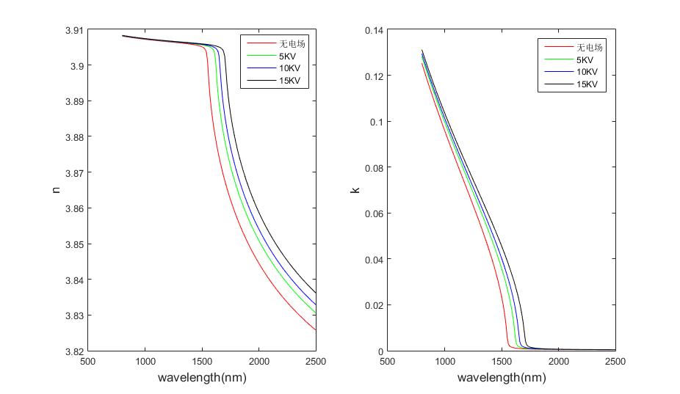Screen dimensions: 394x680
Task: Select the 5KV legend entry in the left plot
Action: pyautogui.click(x=281, y=56)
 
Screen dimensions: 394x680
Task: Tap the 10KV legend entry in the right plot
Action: pyautogui.click(x=587, y=72)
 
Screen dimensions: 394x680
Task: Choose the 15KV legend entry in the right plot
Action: pyautogui.click(x=587, y=84)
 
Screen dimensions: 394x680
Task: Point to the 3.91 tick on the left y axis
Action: pyautogui.click(x=74, y=31)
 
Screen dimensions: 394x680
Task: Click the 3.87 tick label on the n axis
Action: pyautogui.click(x=74, y=173)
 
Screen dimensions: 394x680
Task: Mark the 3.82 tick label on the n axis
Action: pyautogui.click(x=74, y=351)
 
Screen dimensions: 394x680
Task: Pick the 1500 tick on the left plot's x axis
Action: pyautogui.click(x=202, y=362)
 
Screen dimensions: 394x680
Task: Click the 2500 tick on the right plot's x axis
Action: pyautogui.click(x=615, y=362)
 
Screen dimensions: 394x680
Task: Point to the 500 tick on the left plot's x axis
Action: pyautogui.click(x=88, y=362)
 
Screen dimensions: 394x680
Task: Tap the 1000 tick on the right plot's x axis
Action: pyautogui.click(x=444, y=362)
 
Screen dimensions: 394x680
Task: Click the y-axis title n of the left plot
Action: pyautogui.click(x=57, y=191)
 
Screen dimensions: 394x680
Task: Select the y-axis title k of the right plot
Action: pyautogui.click(x=355, y=191)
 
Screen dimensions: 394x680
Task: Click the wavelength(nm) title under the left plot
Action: pyautogui.click(x=202, y=378)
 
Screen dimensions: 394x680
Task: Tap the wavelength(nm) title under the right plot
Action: pyautogui.click(x=502, y=378)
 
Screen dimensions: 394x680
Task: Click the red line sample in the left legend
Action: pyautogui.click(x=255, y=43)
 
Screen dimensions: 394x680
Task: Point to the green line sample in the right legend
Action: pyautogui.click(x=554, y=60)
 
